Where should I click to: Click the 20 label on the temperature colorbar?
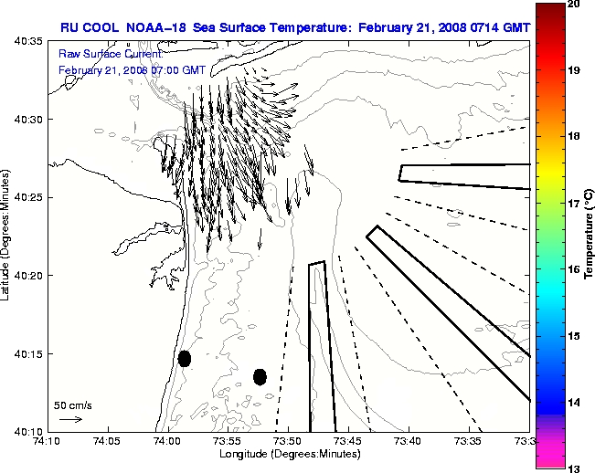pos(575,4)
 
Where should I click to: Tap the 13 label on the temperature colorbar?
pos(575,468)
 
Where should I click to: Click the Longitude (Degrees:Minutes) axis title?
pos(287,454)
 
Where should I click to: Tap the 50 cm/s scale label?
pos(72,405)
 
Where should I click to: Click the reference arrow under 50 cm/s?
pos(70,419)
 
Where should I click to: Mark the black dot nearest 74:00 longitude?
pos(185,358)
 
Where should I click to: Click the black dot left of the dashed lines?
pos(260,376)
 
